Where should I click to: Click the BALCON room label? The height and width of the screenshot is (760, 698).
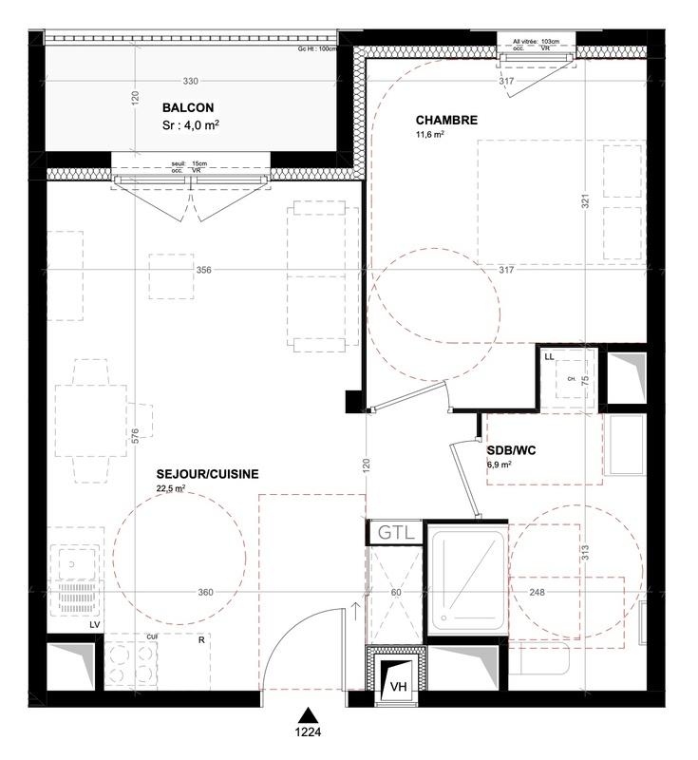pyautogui.click(x=187, y=108)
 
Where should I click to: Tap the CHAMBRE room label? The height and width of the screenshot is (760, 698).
pyautogui.click(x=446, y=121)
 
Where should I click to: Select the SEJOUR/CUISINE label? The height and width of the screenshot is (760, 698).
pyautogui.click(x=207, y=474)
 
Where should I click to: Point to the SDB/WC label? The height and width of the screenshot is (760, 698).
pyautogui.click(x=512, y=450)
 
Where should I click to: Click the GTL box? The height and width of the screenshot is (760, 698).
pyautogui.click(x=396, y=533)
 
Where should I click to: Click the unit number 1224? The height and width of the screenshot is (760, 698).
pyautogui.click(x=307, y=733)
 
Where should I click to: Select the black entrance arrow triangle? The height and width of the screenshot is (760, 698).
pyautogui.click(x=307, y=715)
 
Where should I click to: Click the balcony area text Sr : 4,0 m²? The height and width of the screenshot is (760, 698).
pyautogui.click(x=191, y=124)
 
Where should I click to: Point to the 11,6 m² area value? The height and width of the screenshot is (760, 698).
pyautogui.click(x=430, y=136)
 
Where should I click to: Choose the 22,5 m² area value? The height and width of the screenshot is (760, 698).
pyautogui.click(x=171, y=489)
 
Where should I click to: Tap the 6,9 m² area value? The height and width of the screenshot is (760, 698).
pyautogui.click(x=500, y=465)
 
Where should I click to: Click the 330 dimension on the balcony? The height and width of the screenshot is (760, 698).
pyautogui.click(x=191, y=81)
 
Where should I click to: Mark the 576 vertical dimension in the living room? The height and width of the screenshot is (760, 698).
pyautogui.click(x=135, y=435)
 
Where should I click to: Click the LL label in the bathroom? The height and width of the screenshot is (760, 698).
pyautogui.click(x=549, y=356)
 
